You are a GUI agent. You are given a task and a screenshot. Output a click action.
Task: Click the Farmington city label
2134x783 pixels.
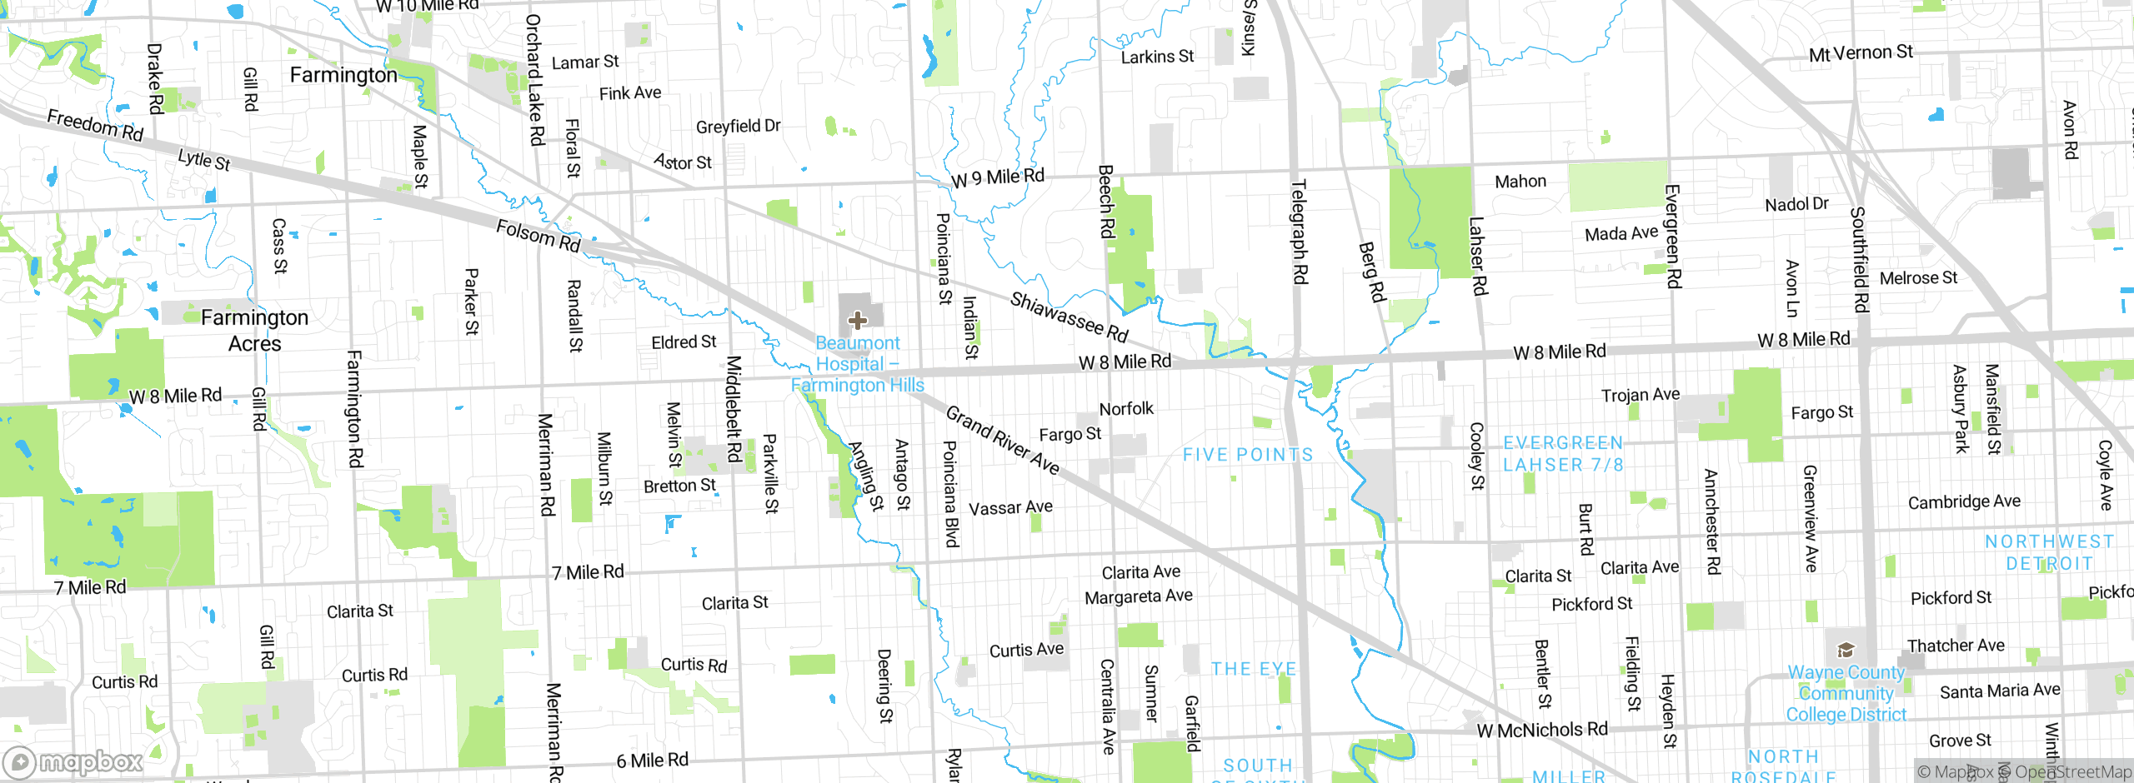[x=343, y=75]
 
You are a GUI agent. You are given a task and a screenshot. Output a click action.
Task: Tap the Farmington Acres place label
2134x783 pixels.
[x=254, y=331]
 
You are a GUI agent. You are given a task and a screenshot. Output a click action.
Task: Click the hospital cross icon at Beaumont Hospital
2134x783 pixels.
[x=857, y=320]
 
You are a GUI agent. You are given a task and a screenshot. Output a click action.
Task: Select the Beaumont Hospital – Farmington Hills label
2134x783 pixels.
[x=858, y=364]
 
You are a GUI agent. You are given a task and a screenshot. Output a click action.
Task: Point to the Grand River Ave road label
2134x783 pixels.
[x=1003, y=441]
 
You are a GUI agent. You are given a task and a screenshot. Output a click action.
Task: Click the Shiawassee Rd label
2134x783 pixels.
[x=1069, y=317]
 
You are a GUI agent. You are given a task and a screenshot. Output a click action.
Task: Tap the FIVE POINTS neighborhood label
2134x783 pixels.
[x=1248, y=455]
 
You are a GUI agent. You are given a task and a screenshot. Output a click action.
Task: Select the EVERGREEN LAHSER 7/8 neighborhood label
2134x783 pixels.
[x=1563, y=454]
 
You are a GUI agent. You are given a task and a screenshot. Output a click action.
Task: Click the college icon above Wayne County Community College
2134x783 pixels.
[x=1846, y=650]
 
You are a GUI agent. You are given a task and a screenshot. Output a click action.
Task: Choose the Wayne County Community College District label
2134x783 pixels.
[x=1846, y=693]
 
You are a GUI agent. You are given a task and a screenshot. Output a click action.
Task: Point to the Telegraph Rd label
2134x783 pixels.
[x=1299, y=232]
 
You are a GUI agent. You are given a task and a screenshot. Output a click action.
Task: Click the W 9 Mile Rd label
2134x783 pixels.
[x=997, y=177]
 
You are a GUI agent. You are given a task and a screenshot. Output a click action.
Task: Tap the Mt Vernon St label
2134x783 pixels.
[x=1861, y=53]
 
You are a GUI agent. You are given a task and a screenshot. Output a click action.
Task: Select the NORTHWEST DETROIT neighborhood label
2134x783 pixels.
[x=2049, y=552]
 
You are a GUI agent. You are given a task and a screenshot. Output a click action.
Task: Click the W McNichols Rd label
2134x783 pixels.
[x=1541, y=731]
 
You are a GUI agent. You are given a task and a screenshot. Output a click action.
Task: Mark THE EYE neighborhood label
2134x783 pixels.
[x=1254, y=669]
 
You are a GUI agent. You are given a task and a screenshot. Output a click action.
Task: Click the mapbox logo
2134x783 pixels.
[x=73, y=762]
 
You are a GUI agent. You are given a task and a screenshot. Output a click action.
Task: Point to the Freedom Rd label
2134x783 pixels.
[x=95, y=126]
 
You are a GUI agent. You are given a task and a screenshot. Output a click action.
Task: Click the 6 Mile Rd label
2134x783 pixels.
[x=652, y=761]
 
